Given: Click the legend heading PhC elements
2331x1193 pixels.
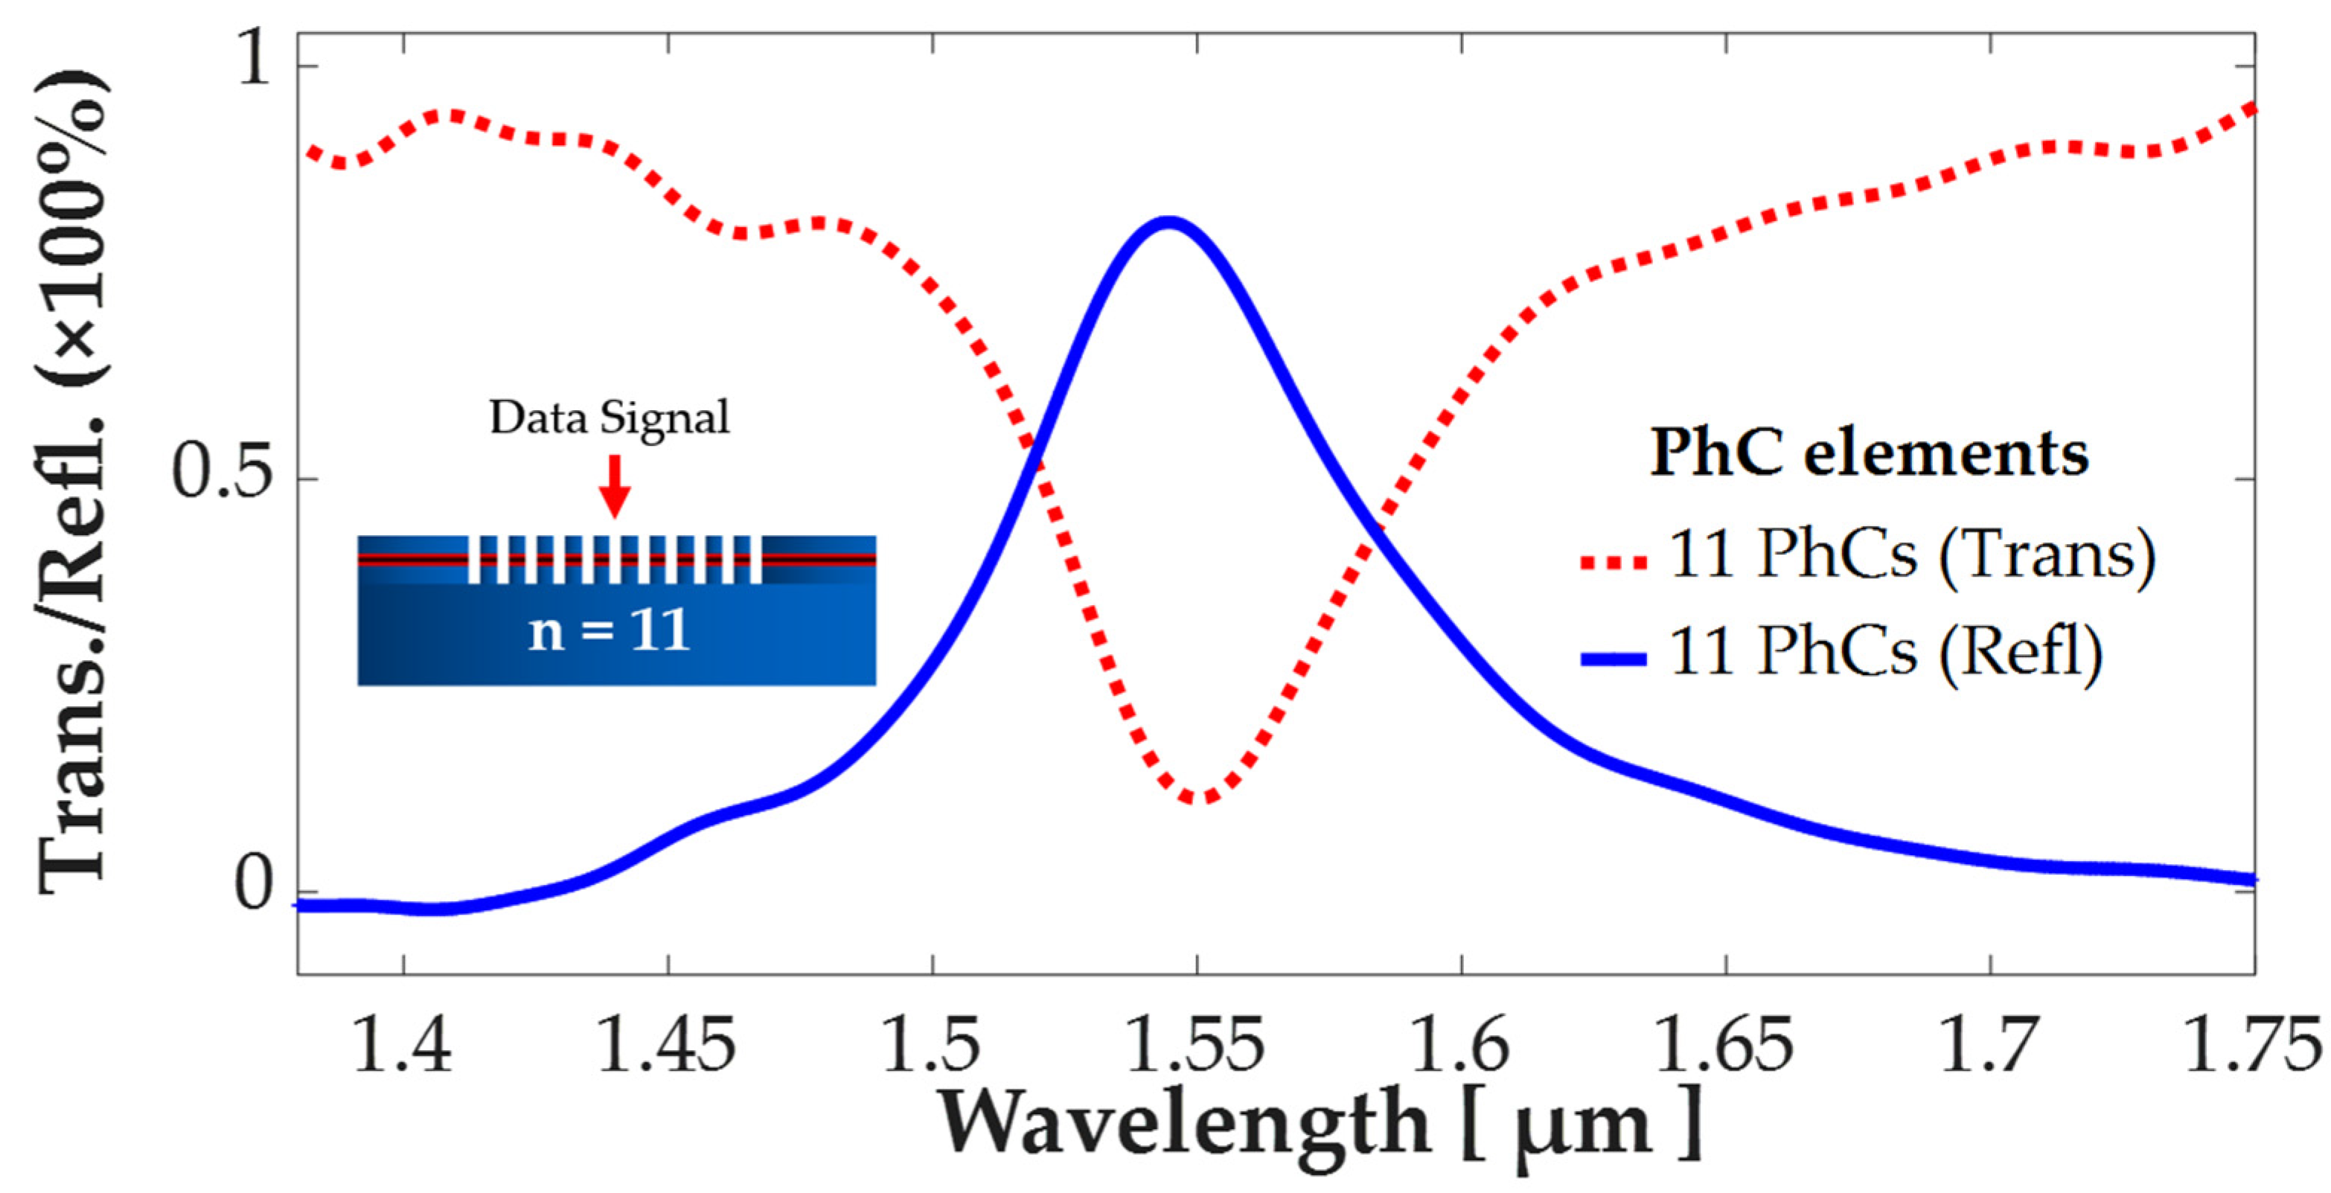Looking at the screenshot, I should tap(1870, 452).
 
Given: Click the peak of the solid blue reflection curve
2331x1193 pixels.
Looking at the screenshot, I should tap(1168, 223).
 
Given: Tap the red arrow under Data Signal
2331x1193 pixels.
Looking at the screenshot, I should tap(615, 486).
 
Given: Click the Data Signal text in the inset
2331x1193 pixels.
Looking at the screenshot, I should tap(609, 418).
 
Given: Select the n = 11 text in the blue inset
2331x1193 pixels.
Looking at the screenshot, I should tap(609, 631).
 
